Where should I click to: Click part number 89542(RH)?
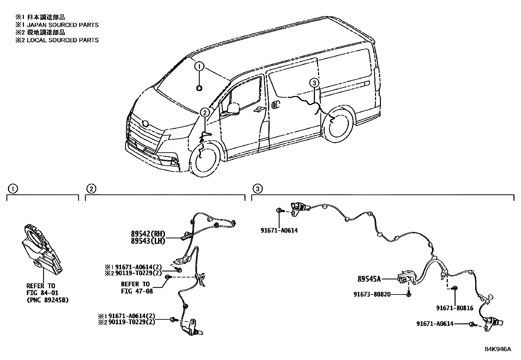click(148, 234)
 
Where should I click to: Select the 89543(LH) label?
click(148, 241)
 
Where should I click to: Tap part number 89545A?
click(369, 279)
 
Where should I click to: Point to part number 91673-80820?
click(372, 294)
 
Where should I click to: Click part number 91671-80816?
click(455, 308)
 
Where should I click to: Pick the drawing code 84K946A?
click(497, 349)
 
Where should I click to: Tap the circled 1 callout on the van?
click(199, 67)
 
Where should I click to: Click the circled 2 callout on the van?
click(205, 113)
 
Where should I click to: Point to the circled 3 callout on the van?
click(314, 83)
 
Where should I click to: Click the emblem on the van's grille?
click(146, 123)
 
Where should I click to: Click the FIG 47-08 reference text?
click(137, 291)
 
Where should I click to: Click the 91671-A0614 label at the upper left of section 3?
click(279, 230)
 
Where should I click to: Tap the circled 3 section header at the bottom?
click(258, 189)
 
